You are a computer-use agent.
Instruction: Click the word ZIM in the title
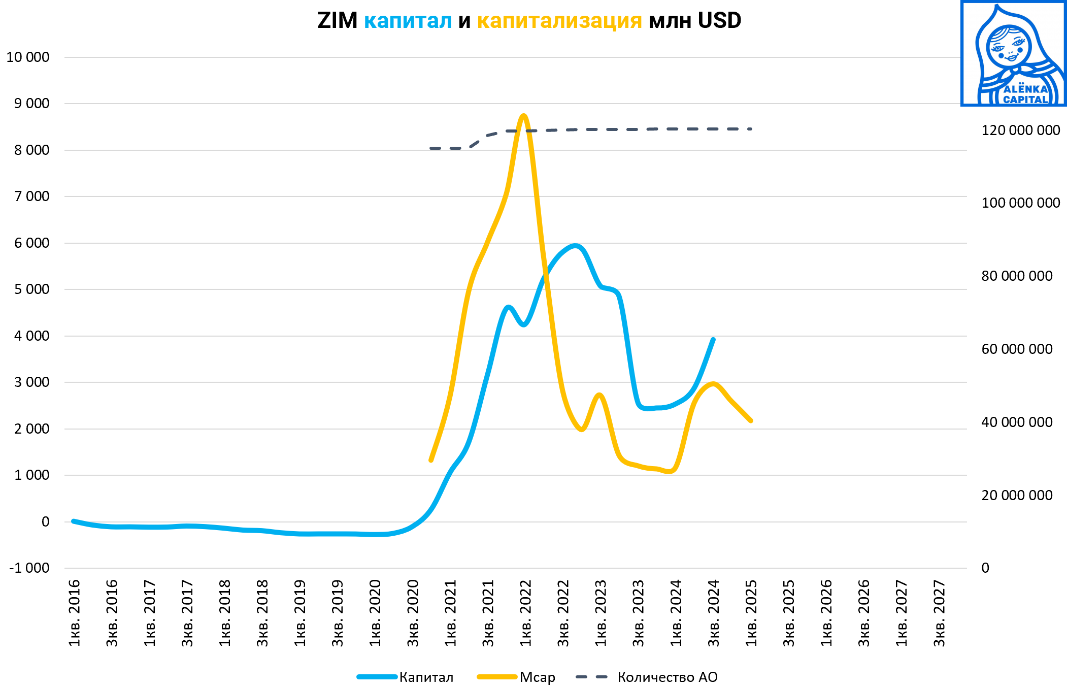click(x=337, y=21)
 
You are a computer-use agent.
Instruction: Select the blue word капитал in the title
click(x=408, y=21)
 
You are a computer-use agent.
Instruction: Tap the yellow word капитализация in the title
click(x=559, y=21)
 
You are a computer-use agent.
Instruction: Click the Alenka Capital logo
click(x=1013, y=53)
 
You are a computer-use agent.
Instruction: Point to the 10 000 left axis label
click(x=28, y=57)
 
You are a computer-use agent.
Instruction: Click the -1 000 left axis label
click(x=29, y=568)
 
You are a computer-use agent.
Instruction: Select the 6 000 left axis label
click(x=32, y=243)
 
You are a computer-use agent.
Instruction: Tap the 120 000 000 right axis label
click(x=1020, y=130)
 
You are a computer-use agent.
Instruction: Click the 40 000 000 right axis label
click(x=1017, y=422)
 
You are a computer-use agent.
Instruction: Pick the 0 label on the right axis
click(x=985, y=568)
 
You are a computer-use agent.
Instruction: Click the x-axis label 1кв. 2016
click(x=75, y=613)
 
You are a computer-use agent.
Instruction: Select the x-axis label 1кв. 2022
click(x=525, y=613)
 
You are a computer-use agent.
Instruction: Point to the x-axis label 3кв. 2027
click(x=939, y=613)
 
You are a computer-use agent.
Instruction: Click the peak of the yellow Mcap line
click(x=524, y=116)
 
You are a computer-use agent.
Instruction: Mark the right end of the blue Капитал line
click(x=713, y=339)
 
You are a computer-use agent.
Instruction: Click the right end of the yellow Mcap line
click(x=751, y=420)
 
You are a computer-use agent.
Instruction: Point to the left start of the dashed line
click(x=431, y=148)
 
